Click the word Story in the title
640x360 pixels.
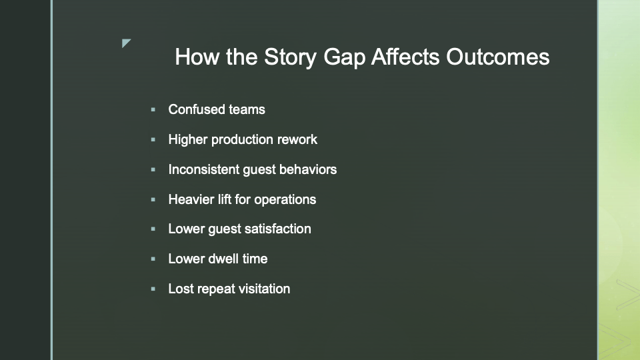[290, 57]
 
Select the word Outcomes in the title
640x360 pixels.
[497, 56]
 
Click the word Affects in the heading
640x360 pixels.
[405, 56]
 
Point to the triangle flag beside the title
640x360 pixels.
[125, 43]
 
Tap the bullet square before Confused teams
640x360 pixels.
[153, 109]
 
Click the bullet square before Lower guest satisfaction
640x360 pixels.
[153, 229]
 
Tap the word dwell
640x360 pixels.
[223, 259]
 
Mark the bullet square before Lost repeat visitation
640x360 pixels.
[153, 289]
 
